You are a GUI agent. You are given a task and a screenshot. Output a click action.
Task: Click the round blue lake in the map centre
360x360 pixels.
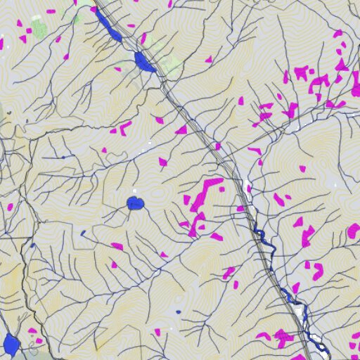click(135, 204)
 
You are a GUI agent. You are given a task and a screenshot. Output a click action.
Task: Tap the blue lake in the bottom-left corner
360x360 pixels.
click(11, 345)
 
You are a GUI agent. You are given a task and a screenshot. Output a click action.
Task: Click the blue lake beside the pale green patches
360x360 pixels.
click(144, 62)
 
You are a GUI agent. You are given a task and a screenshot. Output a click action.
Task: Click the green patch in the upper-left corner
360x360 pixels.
click(39, 29)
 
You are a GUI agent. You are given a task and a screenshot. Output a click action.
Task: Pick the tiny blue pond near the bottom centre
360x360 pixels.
click(178, 311)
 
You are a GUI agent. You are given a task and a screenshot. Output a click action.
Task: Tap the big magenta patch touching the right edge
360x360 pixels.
click(354, 230)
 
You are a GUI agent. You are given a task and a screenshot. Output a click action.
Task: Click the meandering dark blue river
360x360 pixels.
click(264, 243)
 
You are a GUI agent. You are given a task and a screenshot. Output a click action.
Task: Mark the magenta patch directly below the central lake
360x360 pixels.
click(117, 246)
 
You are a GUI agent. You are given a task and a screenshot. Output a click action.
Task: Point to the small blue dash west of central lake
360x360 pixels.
click(82, 233)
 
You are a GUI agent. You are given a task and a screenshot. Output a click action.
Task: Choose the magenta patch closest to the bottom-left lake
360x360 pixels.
click(32, 330)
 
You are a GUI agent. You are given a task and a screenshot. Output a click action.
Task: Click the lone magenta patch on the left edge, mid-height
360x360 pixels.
click(10, 207)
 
